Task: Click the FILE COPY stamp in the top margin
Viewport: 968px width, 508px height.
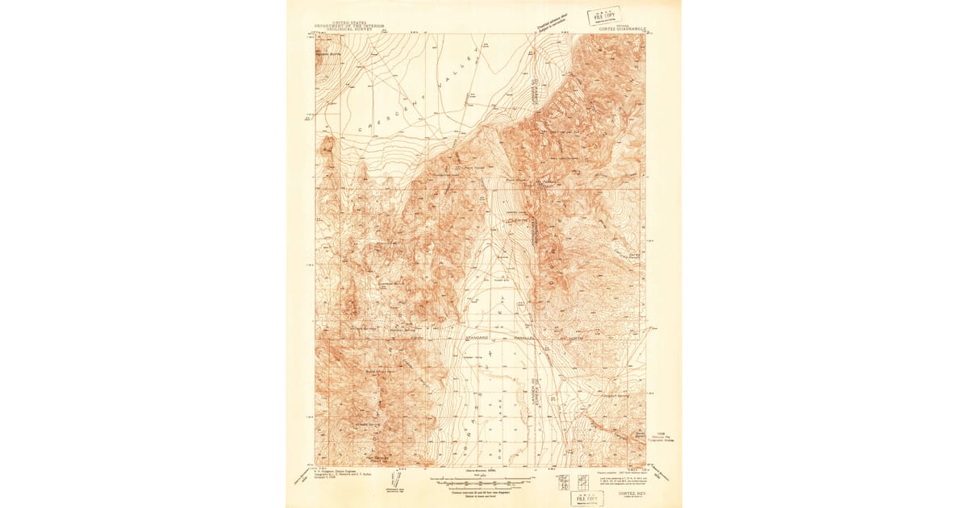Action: pyautogui.click(x=604, y=15)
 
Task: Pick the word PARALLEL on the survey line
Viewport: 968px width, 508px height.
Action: pyautogui.click(x=528, y=336)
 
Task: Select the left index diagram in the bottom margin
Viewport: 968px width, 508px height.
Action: pyautogui.click(x=561, y=482)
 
